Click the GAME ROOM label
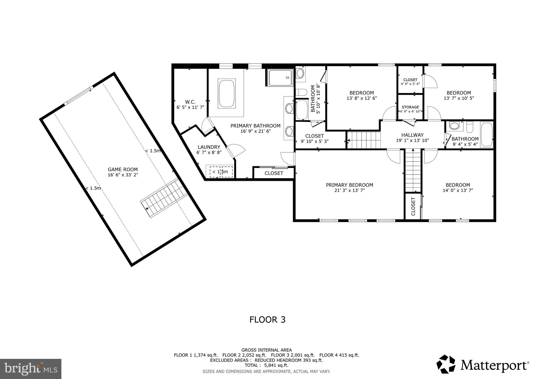pos(123,170)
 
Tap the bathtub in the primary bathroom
pos(227,93)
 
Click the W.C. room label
pos(190,102)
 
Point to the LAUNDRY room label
pos(209,147)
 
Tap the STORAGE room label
pos(410,107)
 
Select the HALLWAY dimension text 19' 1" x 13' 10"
pos(412,141)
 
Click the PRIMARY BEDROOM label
pos(349,185)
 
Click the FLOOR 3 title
pos(267,320)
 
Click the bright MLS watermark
pos(31,369)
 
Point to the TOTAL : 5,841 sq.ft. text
pos(266,365)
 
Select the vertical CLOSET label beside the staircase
pos(413,206)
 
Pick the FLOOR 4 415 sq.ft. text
pos(339,355)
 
